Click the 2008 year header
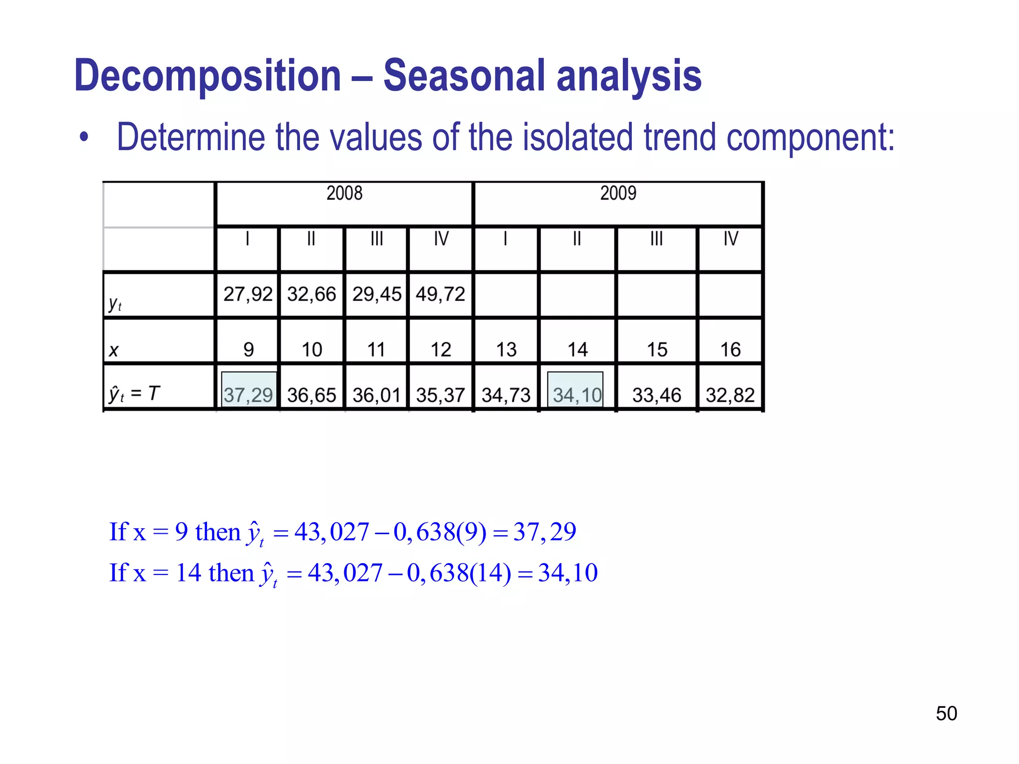(344, 193)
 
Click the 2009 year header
(618, 193)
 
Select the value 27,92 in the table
(248, 294)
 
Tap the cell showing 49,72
(440, 294)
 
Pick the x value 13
(506, 350)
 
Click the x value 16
(730, 350)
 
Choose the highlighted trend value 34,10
(577, 395)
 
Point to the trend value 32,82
(730, 395)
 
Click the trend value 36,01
(377, 395)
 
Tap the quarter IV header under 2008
(441, 239)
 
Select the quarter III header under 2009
(657, 239)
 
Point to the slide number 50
(946, 713)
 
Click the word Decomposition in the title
(207, 76)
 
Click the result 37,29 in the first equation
(545, 532)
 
